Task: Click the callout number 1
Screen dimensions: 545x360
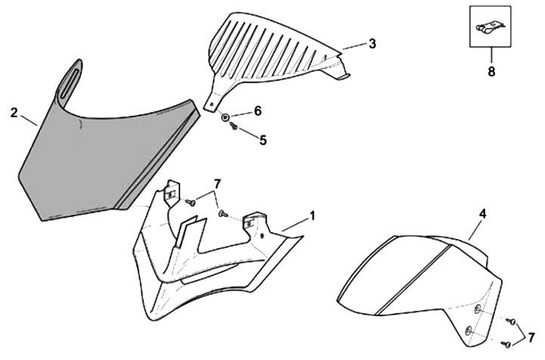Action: click(x=312, y=216)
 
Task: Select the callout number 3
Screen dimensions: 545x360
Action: click(x=372, y=44)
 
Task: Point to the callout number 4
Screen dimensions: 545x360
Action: click(x=481, y=214)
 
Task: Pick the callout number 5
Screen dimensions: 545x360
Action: click(x=263, y=139)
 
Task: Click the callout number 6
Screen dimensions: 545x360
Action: click(x=257, y=111)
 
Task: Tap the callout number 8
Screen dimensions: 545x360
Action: click(x=490, y=73)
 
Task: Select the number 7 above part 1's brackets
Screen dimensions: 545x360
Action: click(x=217, y=184)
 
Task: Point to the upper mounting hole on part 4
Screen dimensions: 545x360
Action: click(x=478, y=309)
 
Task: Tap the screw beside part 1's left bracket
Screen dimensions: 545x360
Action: click(x=191, y=202)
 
